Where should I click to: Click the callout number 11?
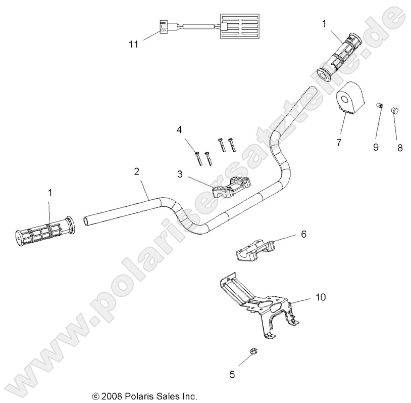click(x=133, y=45)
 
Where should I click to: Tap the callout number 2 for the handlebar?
click(x=136, y=171)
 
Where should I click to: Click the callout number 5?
click(x=232, y=375)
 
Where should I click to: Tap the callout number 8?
click(x=399, y=148)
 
